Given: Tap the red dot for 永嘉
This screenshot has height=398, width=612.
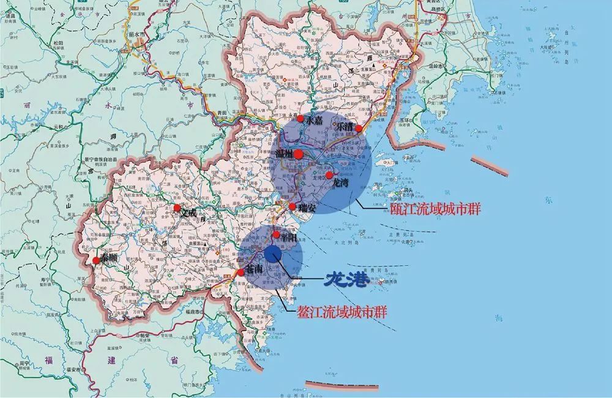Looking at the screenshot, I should pyautogui.click(x=300, y=119).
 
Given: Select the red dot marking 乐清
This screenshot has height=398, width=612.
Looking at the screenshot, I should pyautogui.click(x=359, y=128).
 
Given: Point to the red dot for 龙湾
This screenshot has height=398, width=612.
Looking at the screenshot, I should pyautogui.click(x=329, y=175).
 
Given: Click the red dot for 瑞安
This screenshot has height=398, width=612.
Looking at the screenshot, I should pyautogui.click(x=293, y=206).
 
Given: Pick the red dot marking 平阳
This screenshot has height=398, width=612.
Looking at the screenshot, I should pyautogui.click(x=277, y=235).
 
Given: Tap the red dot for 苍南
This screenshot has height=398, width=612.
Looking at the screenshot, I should pyautogui.click(x=241, y=272).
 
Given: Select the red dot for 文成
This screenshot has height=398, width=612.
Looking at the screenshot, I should pyautogui.click(x=177, y=208).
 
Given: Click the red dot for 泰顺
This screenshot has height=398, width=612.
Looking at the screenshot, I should pyautogui.click(x=95, y=261).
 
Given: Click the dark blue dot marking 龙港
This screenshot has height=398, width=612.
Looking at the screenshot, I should pyautogui.click(x=273, y=253).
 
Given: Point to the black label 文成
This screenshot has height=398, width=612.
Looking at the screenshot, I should pyautogui.click(x=190, y=212).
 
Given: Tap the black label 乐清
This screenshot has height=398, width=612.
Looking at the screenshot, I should pyautogui.click(x=343, y=125).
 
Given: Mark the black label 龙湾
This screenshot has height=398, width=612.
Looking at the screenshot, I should pyautogui.click(x=340, y=182).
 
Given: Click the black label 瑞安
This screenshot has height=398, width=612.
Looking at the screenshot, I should pyautogui.click(x=307, y=208).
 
